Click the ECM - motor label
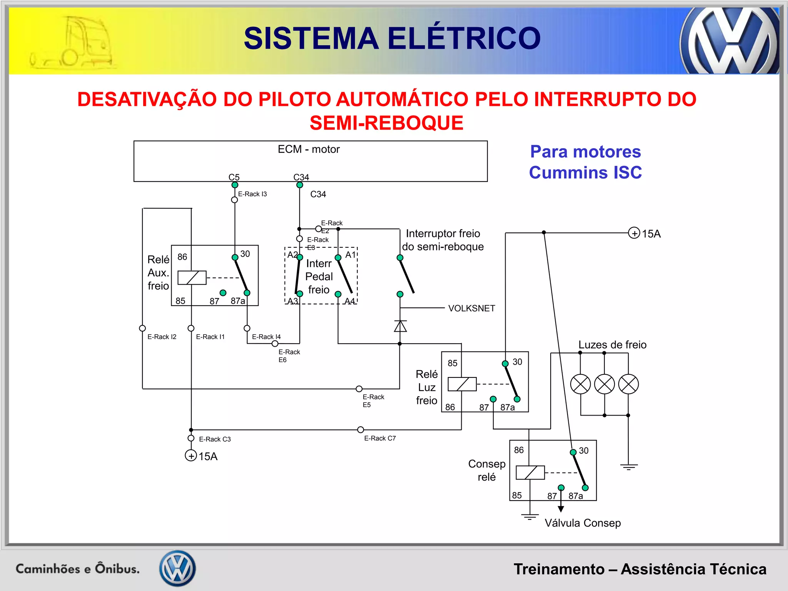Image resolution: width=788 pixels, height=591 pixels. [x=309, y=149]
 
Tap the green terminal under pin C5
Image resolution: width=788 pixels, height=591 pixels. [x=235, y=185]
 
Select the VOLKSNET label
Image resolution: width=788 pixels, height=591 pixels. [x=471, y=308]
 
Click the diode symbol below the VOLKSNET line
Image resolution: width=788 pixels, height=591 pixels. [x=400, y=326]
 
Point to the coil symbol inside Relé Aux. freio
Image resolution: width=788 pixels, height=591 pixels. [x=192, y=277]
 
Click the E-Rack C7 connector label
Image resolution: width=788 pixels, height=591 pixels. [x=380, y=438]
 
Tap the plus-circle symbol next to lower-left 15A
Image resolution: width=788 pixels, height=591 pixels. [x=191, y=456]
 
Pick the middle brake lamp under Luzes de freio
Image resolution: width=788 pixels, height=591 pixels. [x=604, y=384]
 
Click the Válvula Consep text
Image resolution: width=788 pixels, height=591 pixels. [x=583, y=523]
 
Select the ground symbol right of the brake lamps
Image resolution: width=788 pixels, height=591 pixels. [x=629, y=467]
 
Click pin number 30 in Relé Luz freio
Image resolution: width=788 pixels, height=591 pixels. [x=517, y=362]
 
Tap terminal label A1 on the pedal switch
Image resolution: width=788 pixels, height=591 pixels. [x=351, y=255]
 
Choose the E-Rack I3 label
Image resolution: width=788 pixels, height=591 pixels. [x=252, y=194]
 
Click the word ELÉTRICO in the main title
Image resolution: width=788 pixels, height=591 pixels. [x=464, y=38]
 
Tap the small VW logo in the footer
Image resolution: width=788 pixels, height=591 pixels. [x=177, y=568]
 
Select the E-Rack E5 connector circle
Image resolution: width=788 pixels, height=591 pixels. [x=359, y=389]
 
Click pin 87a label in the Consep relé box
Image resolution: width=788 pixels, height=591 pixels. [x=576, y=496]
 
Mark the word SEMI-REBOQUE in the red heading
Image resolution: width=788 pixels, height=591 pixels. [x=386, y=123]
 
